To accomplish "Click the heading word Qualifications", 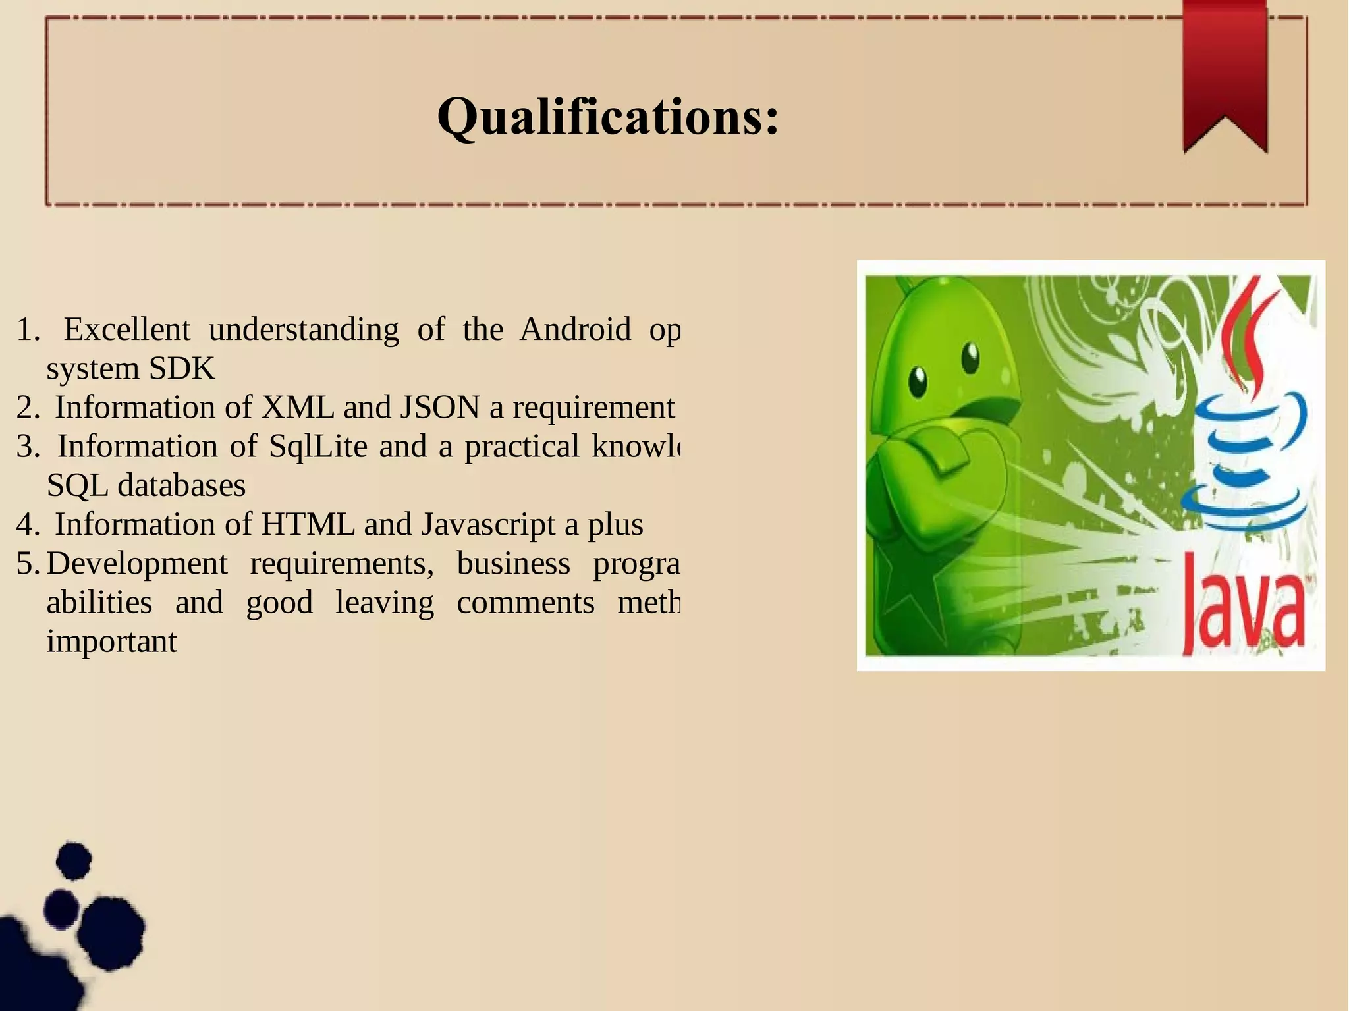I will [607, 117].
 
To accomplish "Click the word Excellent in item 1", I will [127, 329].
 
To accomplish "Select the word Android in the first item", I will [575, 329].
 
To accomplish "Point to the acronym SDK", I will [182, 368].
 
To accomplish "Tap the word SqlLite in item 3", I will [318, 446].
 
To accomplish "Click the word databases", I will [182, 485].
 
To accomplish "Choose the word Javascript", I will [488, 524].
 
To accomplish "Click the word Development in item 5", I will [137, 563].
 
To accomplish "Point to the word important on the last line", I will [112, 642].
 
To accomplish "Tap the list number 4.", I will [27, 525].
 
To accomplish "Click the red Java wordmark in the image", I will [1242, 603].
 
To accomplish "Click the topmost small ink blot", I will [73, 860].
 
